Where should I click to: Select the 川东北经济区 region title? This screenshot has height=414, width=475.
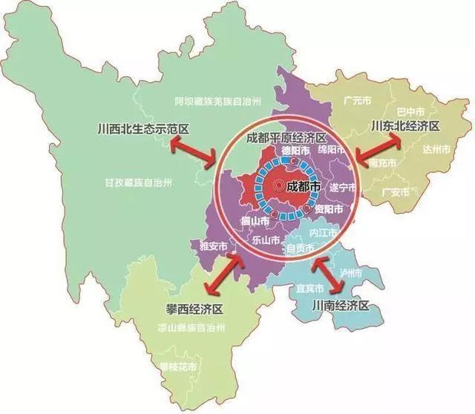click(x=404, y=126)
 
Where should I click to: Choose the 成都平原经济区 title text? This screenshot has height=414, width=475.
click(x=286, y=138)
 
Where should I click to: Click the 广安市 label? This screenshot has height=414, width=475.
click(x=395, y=192)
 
